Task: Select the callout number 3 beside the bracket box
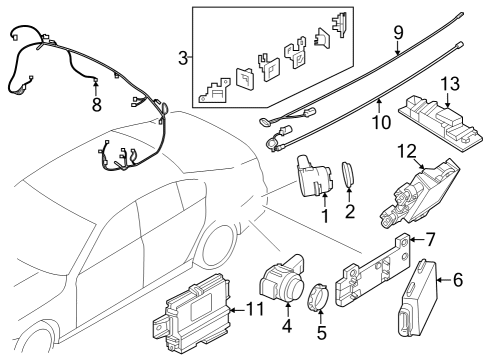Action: click(181, 57)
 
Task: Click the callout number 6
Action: click(458, 280)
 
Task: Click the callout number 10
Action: click(380, 121)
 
